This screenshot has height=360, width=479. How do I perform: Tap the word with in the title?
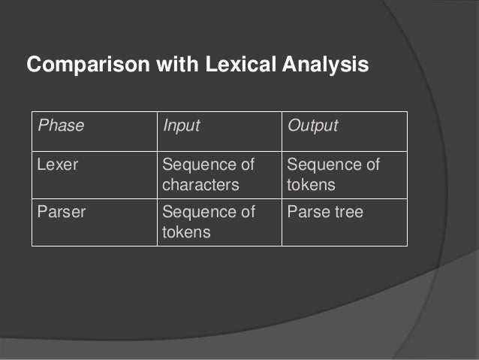(176, 65)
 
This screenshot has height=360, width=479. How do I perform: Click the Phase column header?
(61, 126)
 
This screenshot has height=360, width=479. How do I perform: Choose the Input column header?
(182, 126)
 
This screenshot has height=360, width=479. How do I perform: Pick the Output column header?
(313, 126)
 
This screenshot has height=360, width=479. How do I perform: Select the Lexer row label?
(59, 165)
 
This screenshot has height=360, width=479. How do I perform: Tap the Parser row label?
(62, 213)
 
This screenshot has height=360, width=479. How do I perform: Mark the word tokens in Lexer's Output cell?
(309, 183)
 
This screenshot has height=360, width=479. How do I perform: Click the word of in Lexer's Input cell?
(246, 165)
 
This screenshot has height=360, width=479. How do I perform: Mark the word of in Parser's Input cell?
(246, 213)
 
